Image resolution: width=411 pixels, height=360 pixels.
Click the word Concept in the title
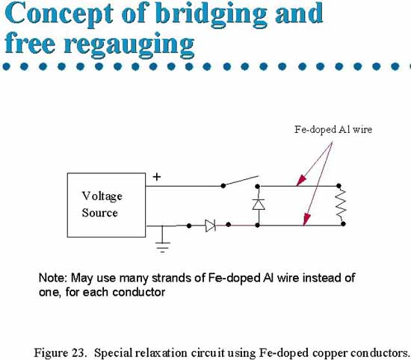pos(59,15)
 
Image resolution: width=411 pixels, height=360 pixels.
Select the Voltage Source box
pos(106,205)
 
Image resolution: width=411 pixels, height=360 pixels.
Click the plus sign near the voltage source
pos(157,177)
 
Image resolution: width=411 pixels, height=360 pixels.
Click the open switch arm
pos(241,181)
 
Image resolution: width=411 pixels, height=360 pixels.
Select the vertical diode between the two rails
pos(259,205)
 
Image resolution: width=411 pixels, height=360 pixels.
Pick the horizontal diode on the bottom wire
pos(211,226)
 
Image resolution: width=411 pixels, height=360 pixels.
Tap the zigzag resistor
pos(341,205)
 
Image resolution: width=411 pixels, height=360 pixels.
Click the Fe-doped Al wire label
pos(333,129)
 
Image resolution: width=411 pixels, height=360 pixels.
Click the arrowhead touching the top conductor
pos(300,181)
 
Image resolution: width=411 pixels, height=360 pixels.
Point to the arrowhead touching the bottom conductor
pos(306,220)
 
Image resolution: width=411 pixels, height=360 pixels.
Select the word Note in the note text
pos(52,278)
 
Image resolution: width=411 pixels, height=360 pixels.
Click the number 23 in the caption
pos(78,353)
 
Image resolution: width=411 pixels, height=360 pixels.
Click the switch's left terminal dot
pos(223,186)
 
